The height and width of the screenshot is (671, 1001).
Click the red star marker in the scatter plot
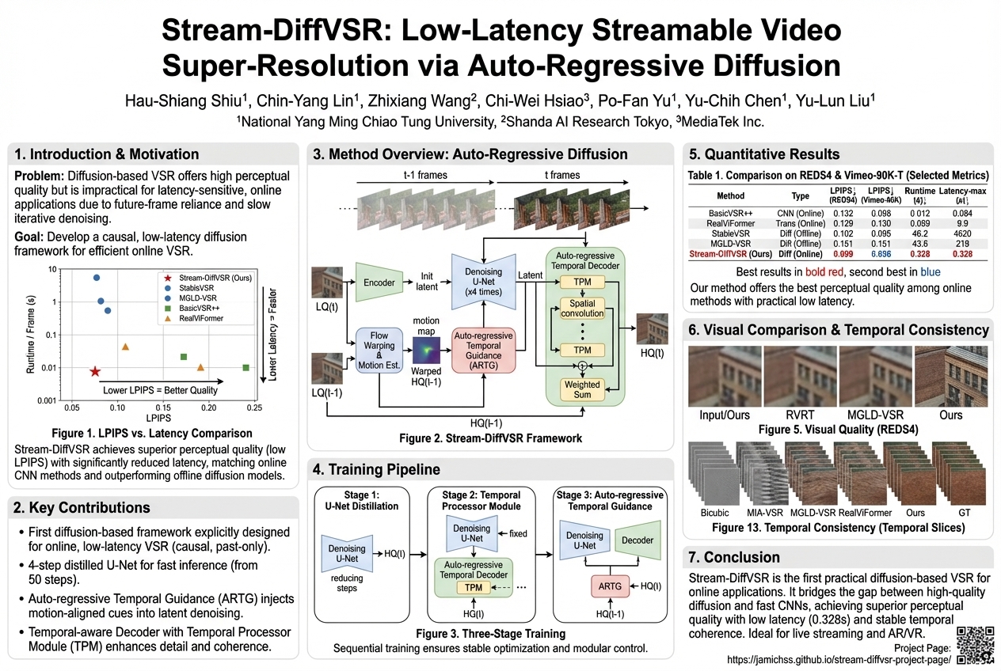coord(95,371)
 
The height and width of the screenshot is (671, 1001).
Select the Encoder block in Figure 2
coord(379,282)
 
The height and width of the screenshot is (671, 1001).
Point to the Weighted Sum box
coord(582,389)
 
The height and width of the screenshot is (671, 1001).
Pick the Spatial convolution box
coord(582,309)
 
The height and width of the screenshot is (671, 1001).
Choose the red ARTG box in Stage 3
coord(610,586)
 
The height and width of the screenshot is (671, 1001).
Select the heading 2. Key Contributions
coord(84,507)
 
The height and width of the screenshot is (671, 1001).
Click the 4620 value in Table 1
coord(961,234)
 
